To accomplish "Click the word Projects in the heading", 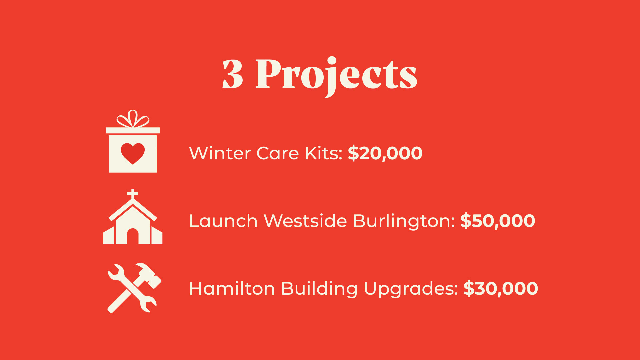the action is [x=336, y=76].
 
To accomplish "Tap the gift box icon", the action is [x=133, y=141].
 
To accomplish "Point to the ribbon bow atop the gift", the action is [x=133, y=119].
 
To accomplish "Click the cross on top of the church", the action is [x=133, y=194].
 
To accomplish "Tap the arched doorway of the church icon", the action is [x=133, y=236].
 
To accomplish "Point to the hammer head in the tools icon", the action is [x=149, y=274].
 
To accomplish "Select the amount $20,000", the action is [x=385, y=153].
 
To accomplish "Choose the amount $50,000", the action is [x=498, y=221].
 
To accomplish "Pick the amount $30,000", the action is [x=501, y=289].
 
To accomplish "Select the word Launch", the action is [x=223, y=221].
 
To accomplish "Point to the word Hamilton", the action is [x=232, y=288].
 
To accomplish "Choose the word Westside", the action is [x=305, y=221].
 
